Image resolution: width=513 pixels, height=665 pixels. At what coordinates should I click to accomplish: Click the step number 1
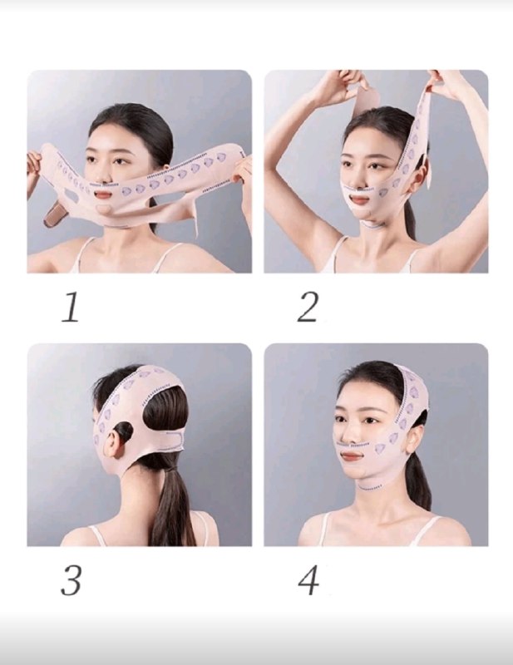pos(71,307)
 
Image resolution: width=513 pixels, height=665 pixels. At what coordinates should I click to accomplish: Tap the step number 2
pos(308,307)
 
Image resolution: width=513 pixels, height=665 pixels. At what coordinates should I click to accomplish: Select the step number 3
pos(71,580)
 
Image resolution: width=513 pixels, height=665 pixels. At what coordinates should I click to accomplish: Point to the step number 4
pos(308,580)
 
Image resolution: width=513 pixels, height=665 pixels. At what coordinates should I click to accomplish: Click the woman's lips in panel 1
pos(104,195)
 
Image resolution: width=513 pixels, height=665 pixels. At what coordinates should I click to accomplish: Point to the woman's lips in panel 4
pos(353,456)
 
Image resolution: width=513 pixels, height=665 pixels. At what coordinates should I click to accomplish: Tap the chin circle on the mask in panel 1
pos(102,209)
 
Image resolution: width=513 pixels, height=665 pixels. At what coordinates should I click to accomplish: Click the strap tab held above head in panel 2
pos(366,101)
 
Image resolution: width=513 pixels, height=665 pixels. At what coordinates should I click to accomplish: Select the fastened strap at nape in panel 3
pos(169,441)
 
